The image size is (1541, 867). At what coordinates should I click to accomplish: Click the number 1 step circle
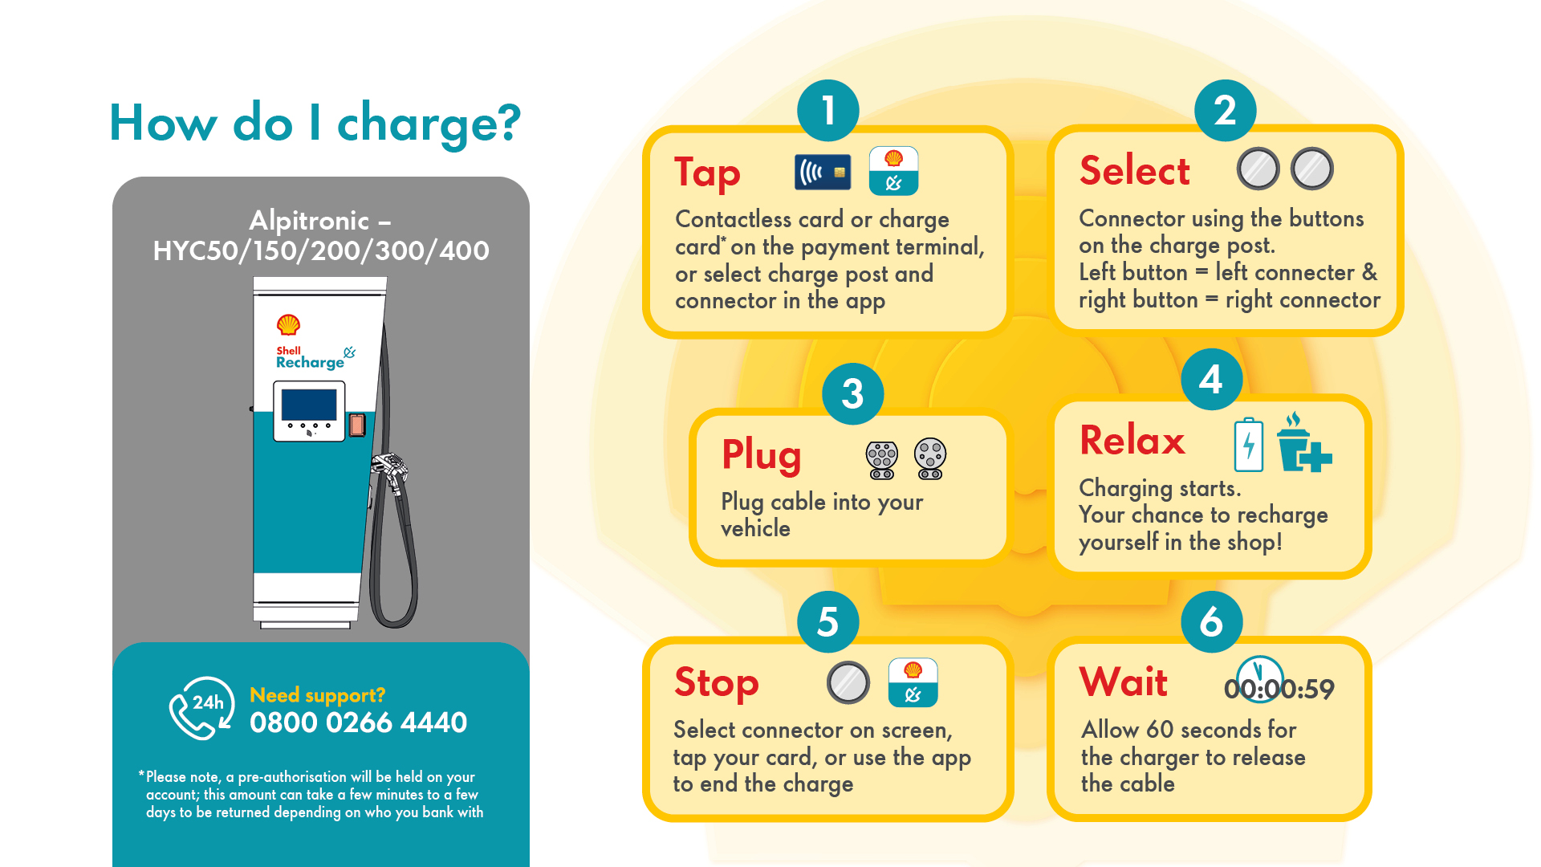827,111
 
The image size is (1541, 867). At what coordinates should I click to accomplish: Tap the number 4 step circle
1211,379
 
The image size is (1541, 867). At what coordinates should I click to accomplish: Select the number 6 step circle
1211,622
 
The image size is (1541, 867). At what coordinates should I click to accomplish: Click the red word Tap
707,173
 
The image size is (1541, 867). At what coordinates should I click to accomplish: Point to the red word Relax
1132,441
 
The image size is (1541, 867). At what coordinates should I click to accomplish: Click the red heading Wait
1123,682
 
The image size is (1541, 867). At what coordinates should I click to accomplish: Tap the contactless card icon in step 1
822,172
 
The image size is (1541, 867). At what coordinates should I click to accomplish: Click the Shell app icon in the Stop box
913,682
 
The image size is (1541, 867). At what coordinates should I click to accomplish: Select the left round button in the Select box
1258,169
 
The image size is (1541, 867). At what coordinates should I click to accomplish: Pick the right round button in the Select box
1311,169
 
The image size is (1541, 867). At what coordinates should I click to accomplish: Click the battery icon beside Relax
1248,444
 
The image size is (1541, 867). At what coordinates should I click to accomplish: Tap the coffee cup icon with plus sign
1302,444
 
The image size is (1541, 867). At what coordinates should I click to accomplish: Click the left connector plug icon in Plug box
881,460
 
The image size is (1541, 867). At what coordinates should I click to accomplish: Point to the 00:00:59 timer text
1279,689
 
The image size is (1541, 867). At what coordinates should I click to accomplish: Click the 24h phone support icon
201,707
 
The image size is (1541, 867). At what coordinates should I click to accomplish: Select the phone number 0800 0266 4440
358,722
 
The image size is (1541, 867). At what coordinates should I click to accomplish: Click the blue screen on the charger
309,405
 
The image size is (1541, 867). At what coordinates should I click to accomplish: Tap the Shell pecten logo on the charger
288,325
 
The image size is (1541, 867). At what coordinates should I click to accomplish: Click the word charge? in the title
429,124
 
